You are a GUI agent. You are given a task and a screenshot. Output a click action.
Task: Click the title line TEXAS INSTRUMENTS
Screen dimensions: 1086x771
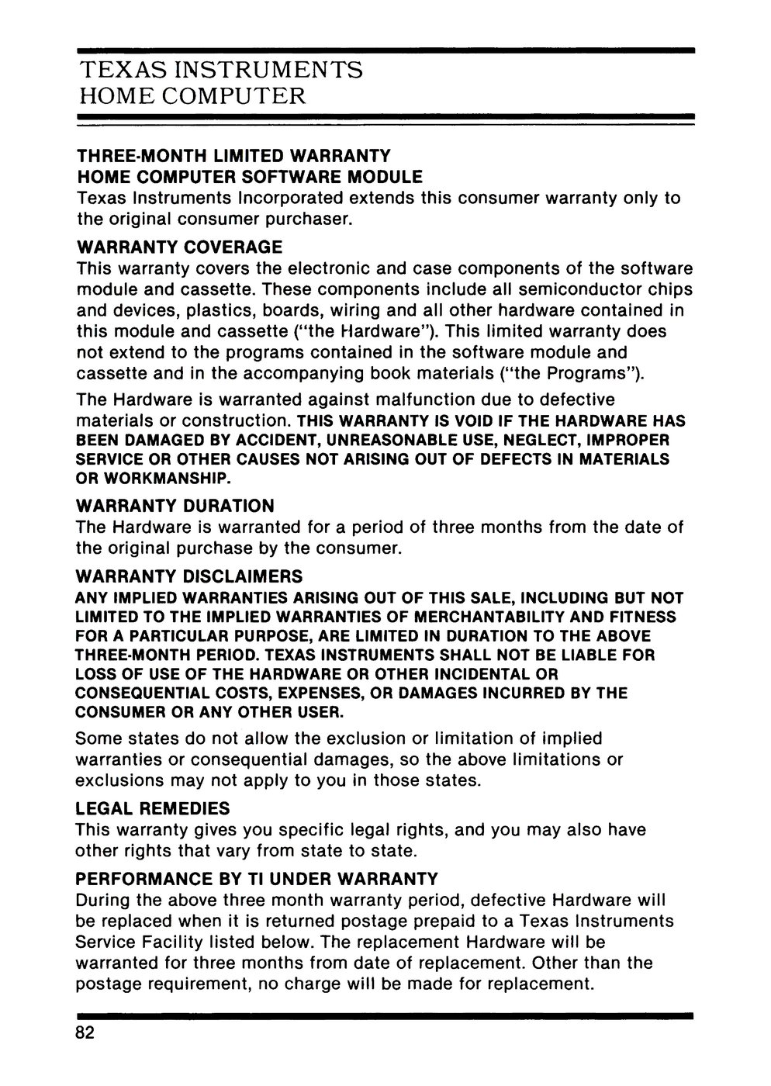221,71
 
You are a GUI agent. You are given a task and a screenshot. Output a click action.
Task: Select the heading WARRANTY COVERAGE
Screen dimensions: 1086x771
179,248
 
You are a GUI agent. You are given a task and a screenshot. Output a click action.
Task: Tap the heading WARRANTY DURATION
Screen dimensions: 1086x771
175,506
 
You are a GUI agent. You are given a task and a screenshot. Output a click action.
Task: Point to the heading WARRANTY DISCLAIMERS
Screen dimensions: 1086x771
189,577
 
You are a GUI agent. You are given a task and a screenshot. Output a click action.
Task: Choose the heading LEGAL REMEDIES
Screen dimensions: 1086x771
153,808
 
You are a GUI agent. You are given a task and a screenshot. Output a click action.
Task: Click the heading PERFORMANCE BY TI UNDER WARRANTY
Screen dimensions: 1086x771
257,880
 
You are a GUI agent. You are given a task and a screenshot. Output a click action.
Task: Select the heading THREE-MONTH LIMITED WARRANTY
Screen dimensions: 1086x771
233,157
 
